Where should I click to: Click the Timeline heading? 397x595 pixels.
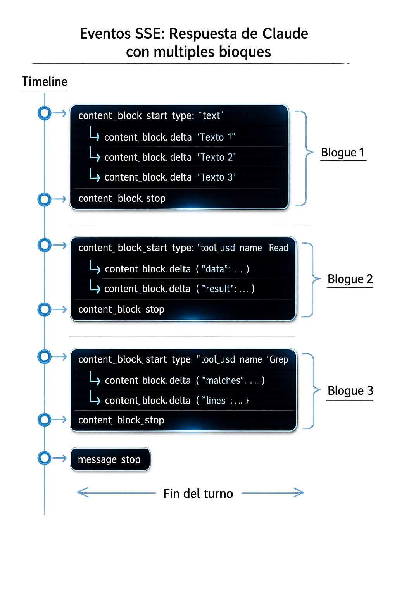(45, 82)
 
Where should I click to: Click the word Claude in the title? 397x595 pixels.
(285, 34)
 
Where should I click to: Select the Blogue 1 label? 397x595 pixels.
(343, 153)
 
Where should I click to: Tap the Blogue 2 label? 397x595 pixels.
(350, 279)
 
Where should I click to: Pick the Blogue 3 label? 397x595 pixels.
(350, 390)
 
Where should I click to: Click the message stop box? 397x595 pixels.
(110, 459)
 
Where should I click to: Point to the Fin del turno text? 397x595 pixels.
(198, 494)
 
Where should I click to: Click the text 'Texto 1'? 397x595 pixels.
(216, 137)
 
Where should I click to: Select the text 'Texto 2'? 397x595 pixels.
(217, 157)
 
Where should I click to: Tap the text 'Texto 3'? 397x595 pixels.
(217, 177)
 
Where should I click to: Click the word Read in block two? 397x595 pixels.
(278, 248)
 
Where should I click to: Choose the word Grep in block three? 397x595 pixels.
(278, 359)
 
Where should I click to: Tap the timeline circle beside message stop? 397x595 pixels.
(45, 458)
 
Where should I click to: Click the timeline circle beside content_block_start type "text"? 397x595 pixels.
(45, 113)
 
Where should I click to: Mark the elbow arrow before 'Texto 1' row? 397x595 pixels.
(94, 133)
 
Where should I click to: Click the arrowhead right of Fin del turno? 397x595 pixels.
(299, 493)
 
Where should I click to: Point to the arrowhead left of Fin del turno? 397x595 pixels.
(82, 493)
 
